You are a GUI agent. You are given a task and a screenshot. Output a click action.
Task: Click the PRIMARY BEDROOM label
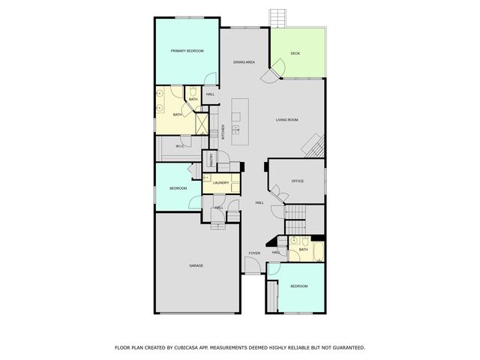tap(187, 50)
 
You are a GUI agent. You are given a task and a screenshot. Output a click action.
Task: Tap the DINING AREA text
tap(245, 62)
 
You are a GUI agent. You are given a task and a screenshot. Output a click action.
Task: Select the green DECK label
tap(295, 53)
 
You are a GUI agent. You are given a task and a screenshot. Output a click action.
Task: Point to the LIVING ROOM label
tap(287, 120)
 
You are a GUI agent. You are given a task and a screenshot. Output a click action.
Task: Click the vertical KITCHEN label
tap(223, 131)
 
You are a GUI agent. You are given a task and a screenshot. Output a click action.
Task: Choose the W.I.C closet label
tap(180, 146)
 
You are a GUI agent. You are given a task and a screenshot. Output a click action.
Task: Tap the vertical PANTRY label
tap(212, 160)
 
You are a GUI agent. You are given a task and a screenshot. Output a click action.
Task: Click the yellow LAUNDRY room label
tap(220, 183)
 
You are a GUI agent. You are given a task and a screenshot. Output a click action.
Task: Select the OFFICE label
tap(297, 181)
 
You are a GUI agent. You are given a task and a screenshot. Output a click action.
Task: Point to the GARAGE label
tap(196, 265)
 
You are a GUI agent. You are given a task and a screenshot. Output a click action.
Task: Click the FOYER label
tap(254, 253)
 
